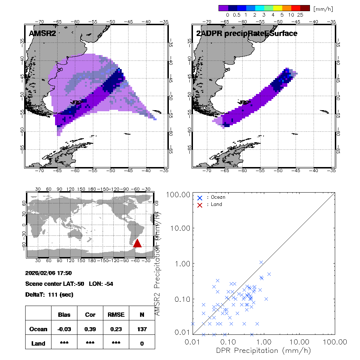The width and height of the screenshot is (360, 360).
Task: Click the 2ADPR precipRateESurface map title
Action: click(x=247, y=33)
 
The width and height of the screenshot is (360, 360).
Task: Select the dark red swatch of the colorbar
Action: click(x=305, y=8)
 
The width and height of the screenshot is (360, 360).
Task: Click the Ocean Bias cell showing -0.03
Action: click(x=64, y=329)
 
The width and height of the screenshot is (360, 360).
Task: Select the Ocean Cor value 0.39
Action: click(x=90, y=329)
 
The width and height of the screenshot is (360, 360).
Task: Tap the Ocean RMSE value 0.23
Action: click(x=116, y=329)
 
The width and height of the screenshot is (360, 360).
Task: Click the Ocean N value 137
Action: click(x=142, y=329)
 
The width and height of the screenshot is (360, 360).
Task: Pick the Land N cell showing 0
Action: click(x=142, y=343)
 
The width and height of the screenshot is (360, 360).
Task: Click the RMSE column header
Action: click(x=116, y=315)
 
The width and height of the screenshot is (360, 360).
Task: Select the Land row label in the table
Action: click(x=38, y=343)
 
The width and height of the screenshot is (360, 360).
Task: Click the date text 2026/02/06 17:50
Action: click(x=49, y=273)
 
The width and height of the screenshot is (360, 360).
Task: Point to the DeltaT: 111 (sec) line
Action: click(x=49, y=294)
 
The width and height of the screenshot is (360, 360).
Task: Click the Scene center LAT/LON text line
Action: click(x=69, y=284)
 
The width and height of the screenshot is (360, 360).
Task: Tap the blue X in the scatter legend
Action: click(x=200, y=198)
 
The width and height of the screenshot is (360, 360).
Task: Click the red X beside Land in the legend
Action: click(x=200, y=204)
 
